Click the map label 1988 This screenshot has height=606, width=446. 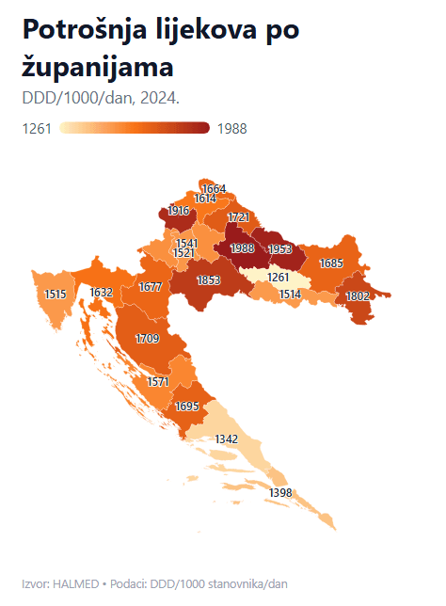point(242,248)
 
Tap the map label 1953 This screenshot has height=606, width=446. point(279,249)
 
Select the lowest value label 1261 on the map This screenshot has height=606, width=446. point(279,278)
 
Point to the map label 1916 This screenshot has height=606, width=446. point(179,212)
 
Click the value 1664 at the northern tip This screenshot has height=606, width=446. point(214,189)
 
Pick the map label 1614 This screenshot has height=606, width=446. point(205,199)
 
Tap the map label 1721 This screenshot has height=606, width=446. point(239,217)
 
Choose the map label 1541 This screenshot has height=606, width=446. point(187,244)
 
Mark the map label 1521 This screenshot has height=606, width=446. point(183,253)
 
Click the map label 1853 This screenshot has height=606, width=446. point(208,280)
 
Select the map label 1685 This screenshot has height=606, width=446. point(330,263)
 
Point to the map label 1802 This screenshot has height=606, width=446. point(357,295)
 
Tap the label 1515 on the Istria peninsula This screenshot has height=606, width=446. point(56,295)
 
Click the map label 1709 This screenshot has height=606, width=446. point(147,338)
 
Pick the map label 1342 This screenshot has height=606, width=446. point(226,439)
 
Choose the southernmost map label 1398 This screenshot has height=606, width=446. point(280,493)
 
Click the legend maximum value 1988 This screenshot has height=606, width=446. point(231,129)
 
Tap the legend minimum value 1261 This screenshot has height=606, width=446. point(37,129)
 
